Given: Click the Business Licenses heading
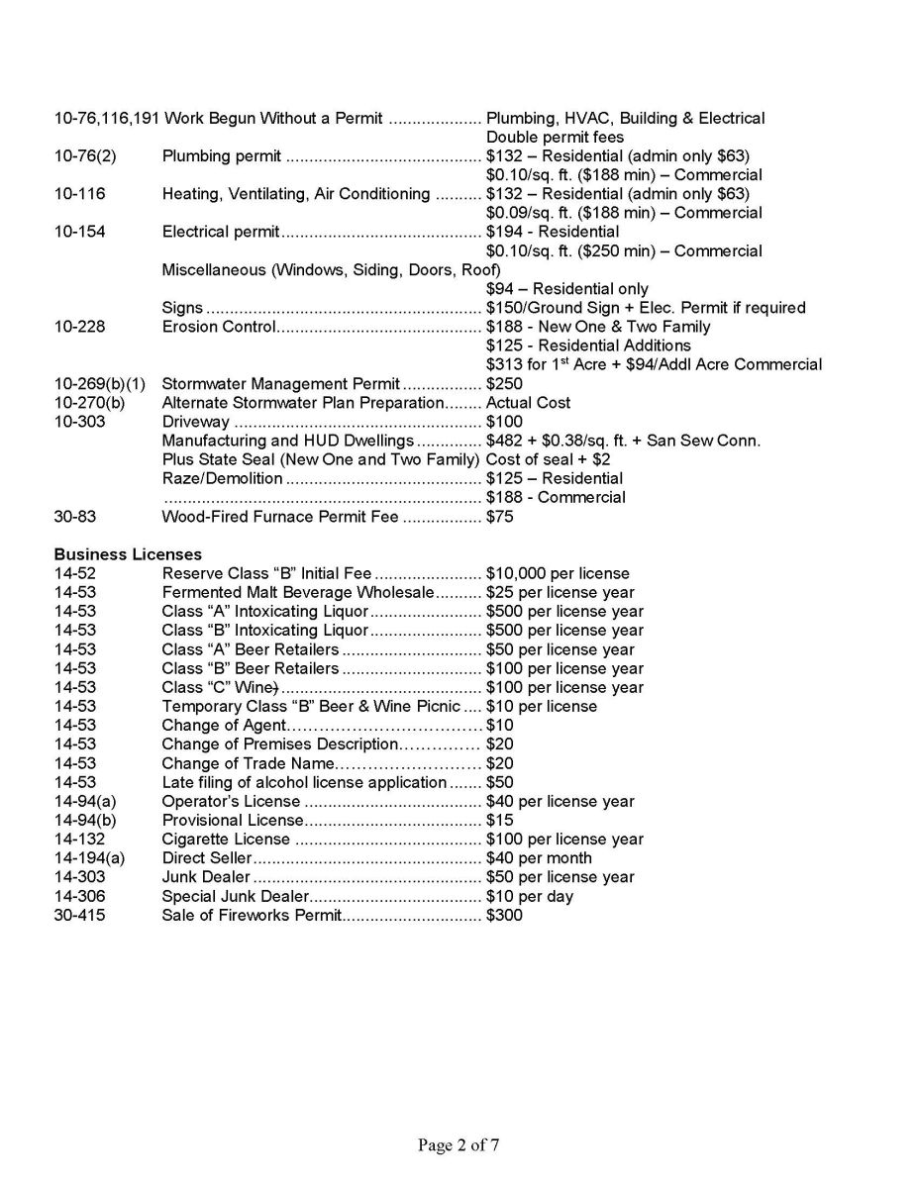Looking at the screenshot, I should (x=128, y=554).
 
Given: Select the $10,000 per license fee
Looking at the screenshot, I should (x=558, y=573).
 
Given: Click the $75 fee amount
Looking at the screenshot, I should (x=500, y=516).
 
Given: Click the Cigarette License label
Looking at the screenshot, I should (x=227, y=839).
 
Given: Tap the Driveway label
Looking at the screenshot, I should (x=195, y=422).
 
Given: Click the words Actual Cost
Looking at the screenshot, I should (x=528, y=403).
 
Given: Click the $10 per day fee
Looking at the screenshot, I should (x=530, y=896).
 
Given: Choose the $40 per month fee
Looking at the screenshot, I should (x=539, y=857).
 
